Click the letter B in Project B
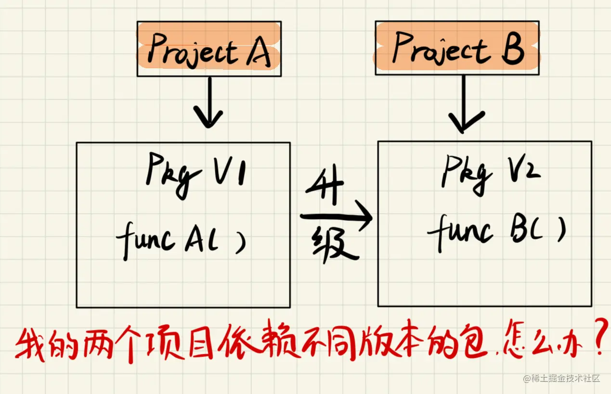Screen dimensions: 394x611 [512, 49]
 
